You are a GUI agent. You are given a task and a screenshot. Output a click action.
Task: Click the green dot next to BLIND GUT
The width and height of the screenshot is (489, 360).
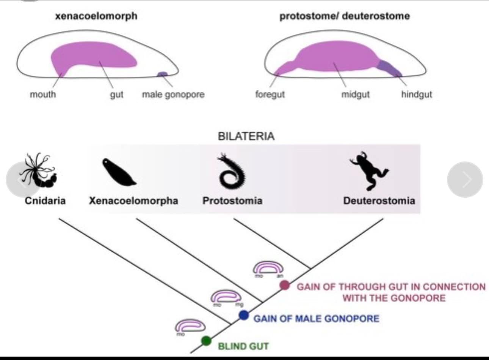coord(206,340)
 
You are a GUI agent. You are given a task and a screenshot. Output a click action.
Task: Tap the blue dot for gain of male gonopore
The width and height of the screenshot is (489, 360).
coord(244,315)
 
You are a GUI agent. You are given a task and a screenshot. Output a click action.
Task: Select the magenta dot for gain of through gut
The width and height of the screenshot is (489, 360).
coord(285,285)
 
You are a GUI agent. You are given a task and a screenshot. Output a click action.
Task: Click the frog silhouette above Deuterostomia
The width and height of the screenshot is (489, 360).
coord(368,170)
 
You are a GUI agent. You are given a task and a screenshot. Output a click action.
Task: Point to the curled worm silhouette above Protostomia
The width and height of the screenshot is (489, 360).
coord(231,172)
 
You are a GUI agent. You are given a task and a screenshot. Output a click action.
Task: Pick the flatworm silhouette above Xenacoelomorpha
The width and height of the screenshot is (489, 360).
coord(118,173)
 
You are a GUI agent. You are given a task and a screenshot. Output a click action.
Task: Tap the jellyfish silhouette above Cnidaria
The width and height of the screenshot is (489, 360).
coord(40,172)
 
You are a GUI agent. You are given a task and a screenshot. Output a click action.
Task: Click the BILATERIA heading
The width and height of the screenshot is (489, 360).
coord(246,136)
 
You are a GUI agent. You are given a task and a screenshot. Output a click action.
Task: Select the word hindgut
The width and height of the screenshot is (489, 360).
coord(417,94)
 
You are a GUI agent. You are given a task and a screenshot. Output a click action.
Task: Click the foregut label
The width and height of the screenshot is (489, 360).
coord(270,94)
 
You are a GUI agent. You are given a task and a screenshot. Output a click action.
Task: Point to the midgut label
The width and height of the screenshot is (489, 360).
coord(355,94)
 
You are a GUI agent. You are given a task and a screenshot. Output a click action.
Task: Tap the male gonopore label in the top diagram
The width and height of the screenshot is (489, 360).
coord(173,94)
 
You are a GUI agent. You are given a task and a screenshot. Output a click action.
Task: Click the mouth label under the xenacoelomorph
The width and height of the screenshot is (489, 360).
coord(43,94)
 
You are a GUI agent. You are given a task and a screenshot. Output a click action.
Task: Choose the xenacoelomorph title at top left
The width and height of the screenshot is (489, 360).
coord(96,16)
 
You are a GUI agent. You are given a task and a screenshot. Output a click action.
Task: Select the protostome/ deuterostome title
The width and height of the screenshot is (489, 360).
coord(345,16)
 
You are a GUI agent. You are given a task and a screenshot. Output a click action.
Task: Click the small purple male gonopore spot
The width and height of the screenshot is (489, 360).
coord(162,74)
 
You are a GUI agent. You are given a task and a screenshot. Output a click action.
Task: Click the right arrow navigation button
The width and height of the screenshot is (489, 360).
coord(465,180)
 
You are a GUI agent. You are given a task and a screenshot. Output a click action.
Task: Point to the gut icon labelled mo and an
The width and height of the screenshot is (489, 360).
coord(268,268)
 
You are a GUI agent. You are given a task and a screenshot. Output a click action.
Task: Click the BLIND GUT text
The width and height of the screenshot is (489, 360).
coord(243,346)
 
